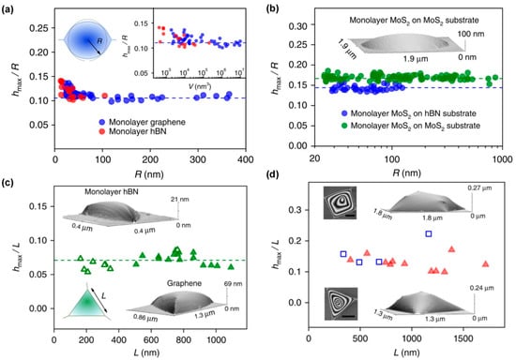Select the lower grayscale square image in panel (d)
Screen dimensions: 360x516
[336, 305]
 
